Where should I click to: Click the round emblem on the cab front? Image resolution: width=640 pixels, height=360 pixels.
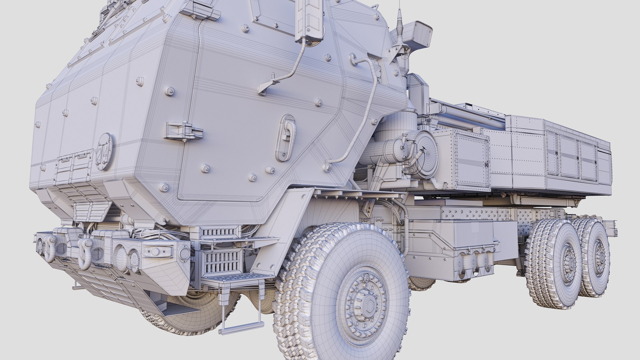coord(104,151)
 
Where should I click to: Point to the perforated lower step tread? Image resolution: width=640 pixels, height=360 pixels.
coord(233,278)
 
